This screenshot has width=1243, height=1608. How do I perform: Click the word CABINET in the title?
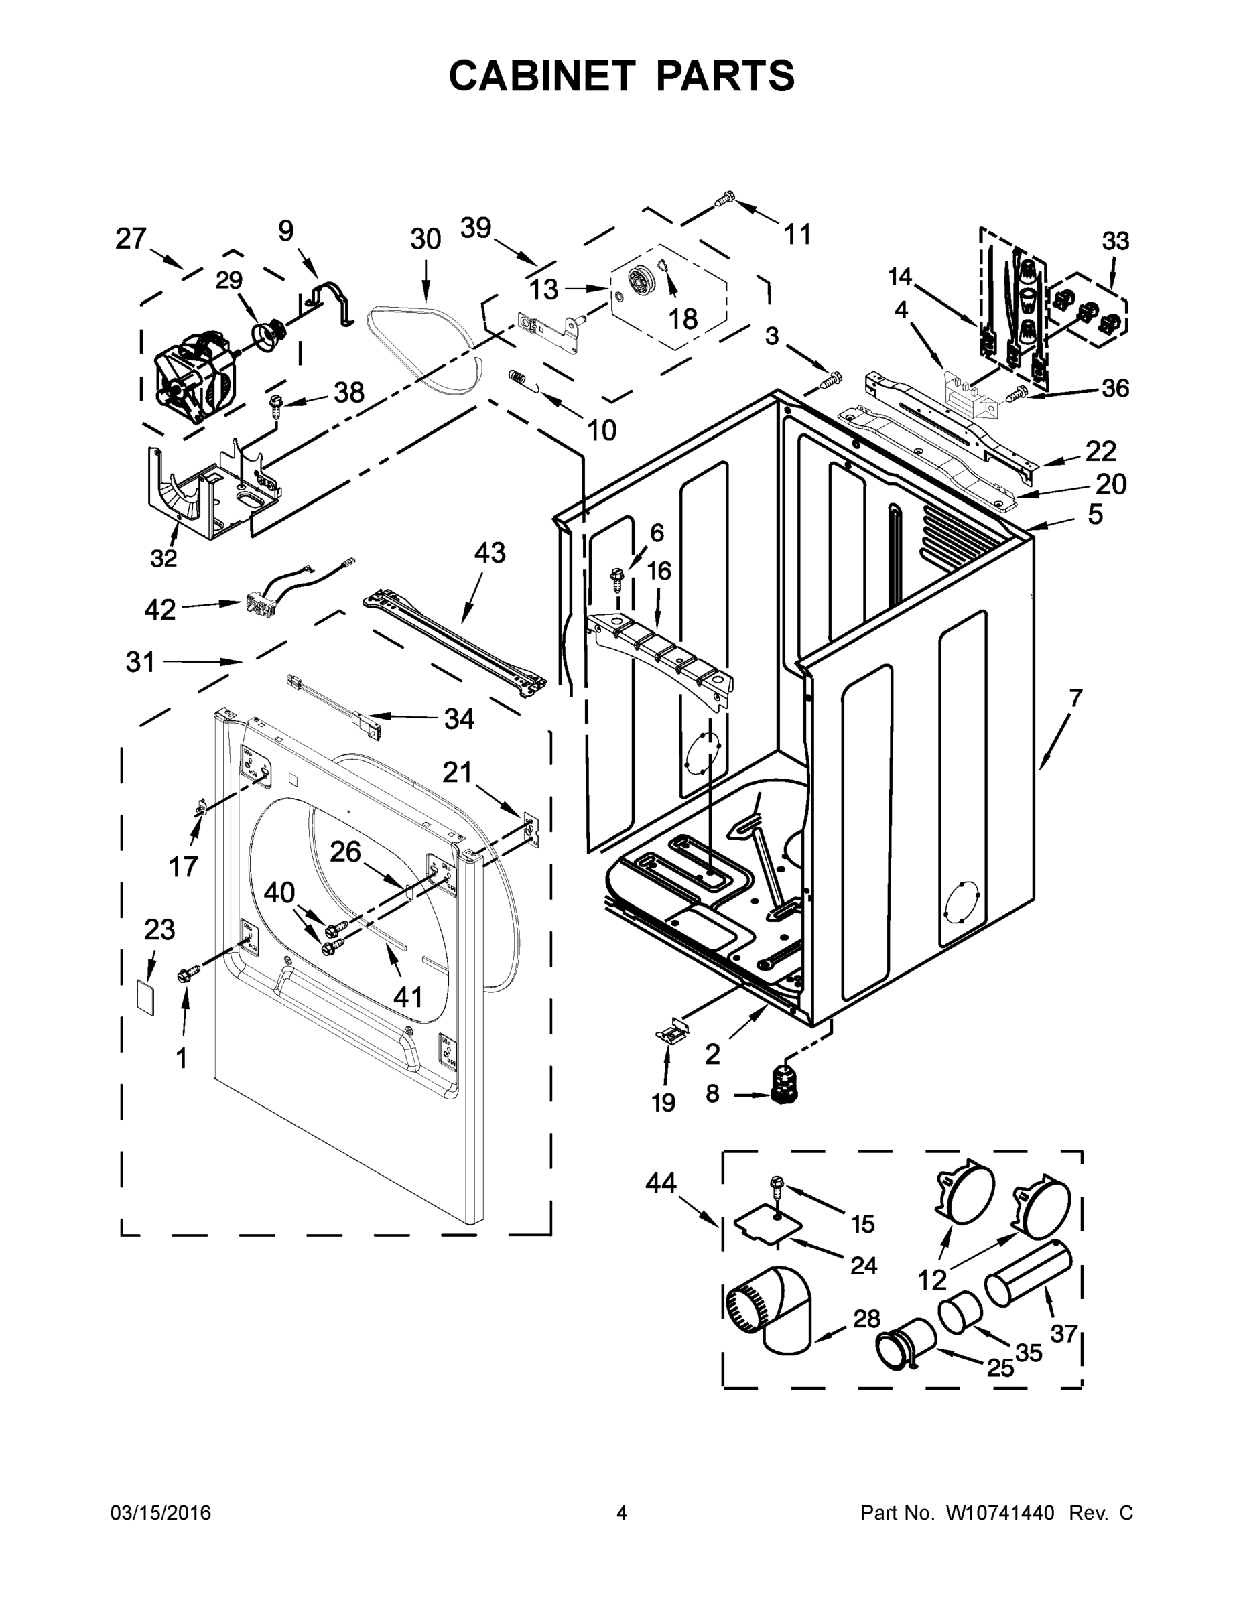click(541, 75)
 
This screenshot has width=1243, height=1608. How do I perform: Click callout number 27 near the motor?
click(131, 239)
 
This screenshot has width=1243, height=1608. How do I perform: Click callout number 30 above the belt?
click(425, 239)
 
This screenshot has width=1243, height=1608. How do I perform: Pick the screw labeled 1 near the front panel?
click(185, 976)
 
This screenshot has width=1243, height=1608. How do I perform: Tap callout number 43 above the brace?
click(490, 552)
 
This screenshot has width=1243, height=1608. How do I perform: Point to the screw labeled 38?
click(277, 403)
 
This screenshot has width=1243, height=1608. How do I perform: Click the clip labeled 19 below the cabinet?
click(671, 1034)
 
